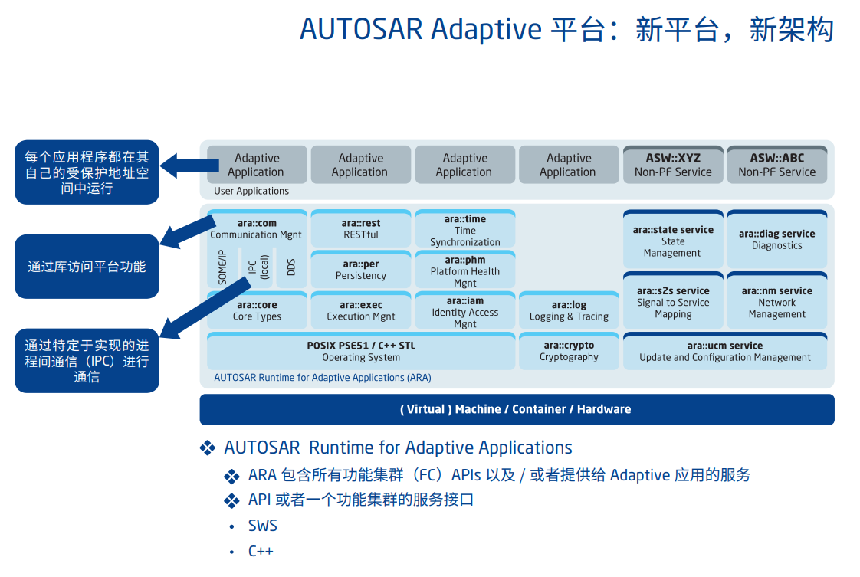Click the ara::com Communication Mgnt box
(x=256, y=228)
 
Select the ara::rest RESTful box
(x=360, y=228)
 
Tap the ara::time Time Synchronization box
(x=464, y=230)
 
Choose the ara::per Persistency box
(x=360, y=270)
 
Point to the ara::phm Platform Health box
(x=464, y=271)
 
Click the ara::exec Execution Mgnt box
(x=360, y=310)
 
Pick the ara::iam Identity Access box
(x=464, y=312)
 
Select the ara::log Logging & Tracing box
(x=569, y=310)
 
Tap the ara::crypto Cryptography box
(x=569, y=351)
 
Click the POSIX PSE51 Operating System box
(x=360, y=351)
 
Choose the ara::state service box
(x=673, y=241)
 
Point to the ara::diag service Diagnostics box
(x=776, y=239)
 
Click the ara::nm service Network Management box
(x=776, y=302)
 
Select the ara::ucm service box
(x=724, y=351)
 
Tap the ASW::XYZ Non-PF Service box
(x=673, y=165)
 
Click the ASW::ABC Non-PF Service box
(x=776, y=165)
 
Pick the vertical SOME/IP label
(x=222, y=267)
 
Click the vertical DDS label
(x=290, y=267)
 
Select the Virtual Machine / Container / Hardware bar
(x=516, y=409)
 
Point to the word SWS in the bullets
(x=263, y=526)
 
